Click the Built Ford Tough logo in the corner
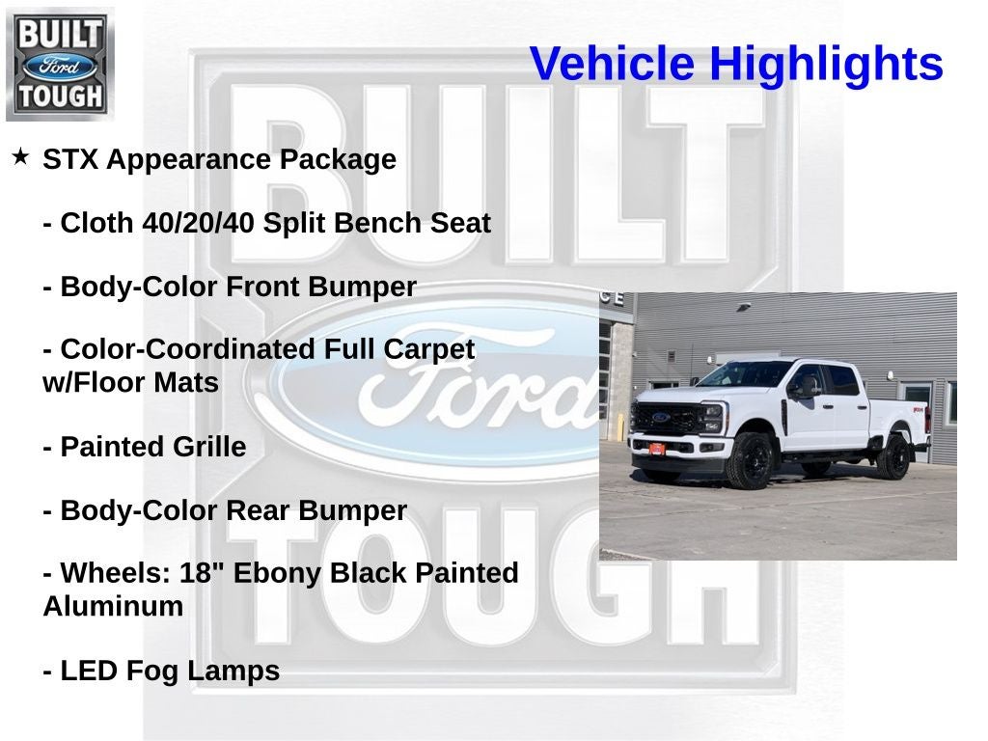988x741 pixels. click(x=60, y=64)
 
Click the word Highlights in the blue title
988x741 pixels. click(x=826, y=65)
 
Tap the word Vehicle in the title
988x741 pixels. click(x=612, y=65)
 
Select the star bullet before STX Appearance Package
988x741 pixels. click(x=20, y=156)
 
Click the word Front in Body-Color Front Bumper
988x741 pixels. click(x=264, y=288)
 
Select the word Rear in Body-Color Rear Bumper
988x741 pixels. click(x=259, y=511)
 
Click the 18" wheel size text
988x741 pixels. click(x=200, y=573)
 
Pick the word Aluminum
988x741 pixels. click(x=113, y=607)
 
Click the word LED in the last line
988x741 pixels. click(x=89, y=672)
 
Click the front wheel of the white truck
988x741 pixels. click(x=753, y=460)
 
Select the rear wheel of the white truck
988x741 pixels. click(x=893, y=457)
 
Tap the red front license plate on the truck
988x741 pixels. click(x=655, y=449)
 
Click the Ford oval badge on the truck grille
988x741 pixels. click(x=660, y=418)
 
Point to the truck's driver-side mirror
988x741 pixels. click(x=804, y=387)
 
